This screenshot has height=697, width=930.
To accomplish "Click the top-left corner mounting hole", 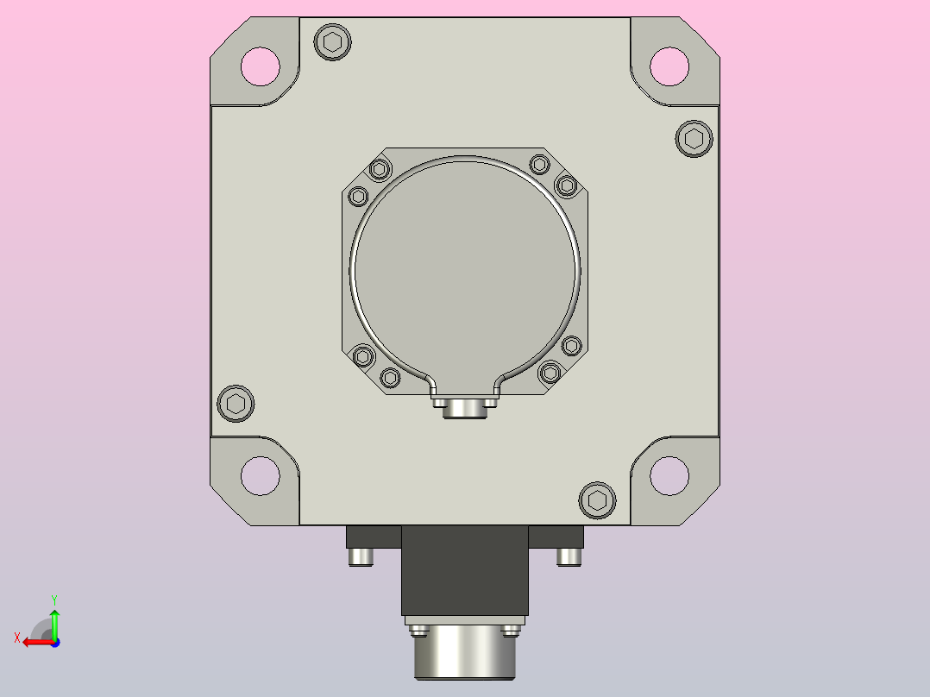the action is pyautogui.click(x=261, y=66).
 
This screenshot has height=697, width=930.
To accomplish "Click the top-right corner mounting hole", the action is pyautogui.click(x=669, y=66).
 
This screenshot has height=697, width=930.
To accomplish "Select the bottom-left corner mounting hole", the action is pyautogui.click(x=261, y=476).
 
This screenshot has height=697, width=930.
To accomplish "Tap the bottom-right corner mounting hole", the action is pyautogui.click(x=669, y=476).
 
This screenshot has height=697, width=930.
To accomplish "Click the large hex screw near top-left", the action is pyautogui.click(x=332, y=42).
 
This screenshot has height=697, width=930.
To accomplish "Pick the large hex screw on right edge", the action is pyautogui.click(x=694, y=139).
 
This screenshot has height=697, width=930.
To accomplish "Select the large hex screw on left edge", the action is pyautogui.click(x=236, y=404).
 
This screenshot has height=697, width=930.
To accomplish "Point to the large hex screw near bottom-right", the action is pyautogui.click(x=597, y=500).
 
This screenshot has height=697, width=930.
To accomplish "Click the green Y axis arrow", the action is pyautogui.click(x=54, y=624).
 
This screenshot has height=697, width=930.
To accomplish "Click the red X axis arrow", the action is pyautogui.click(x=39, y=643).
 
